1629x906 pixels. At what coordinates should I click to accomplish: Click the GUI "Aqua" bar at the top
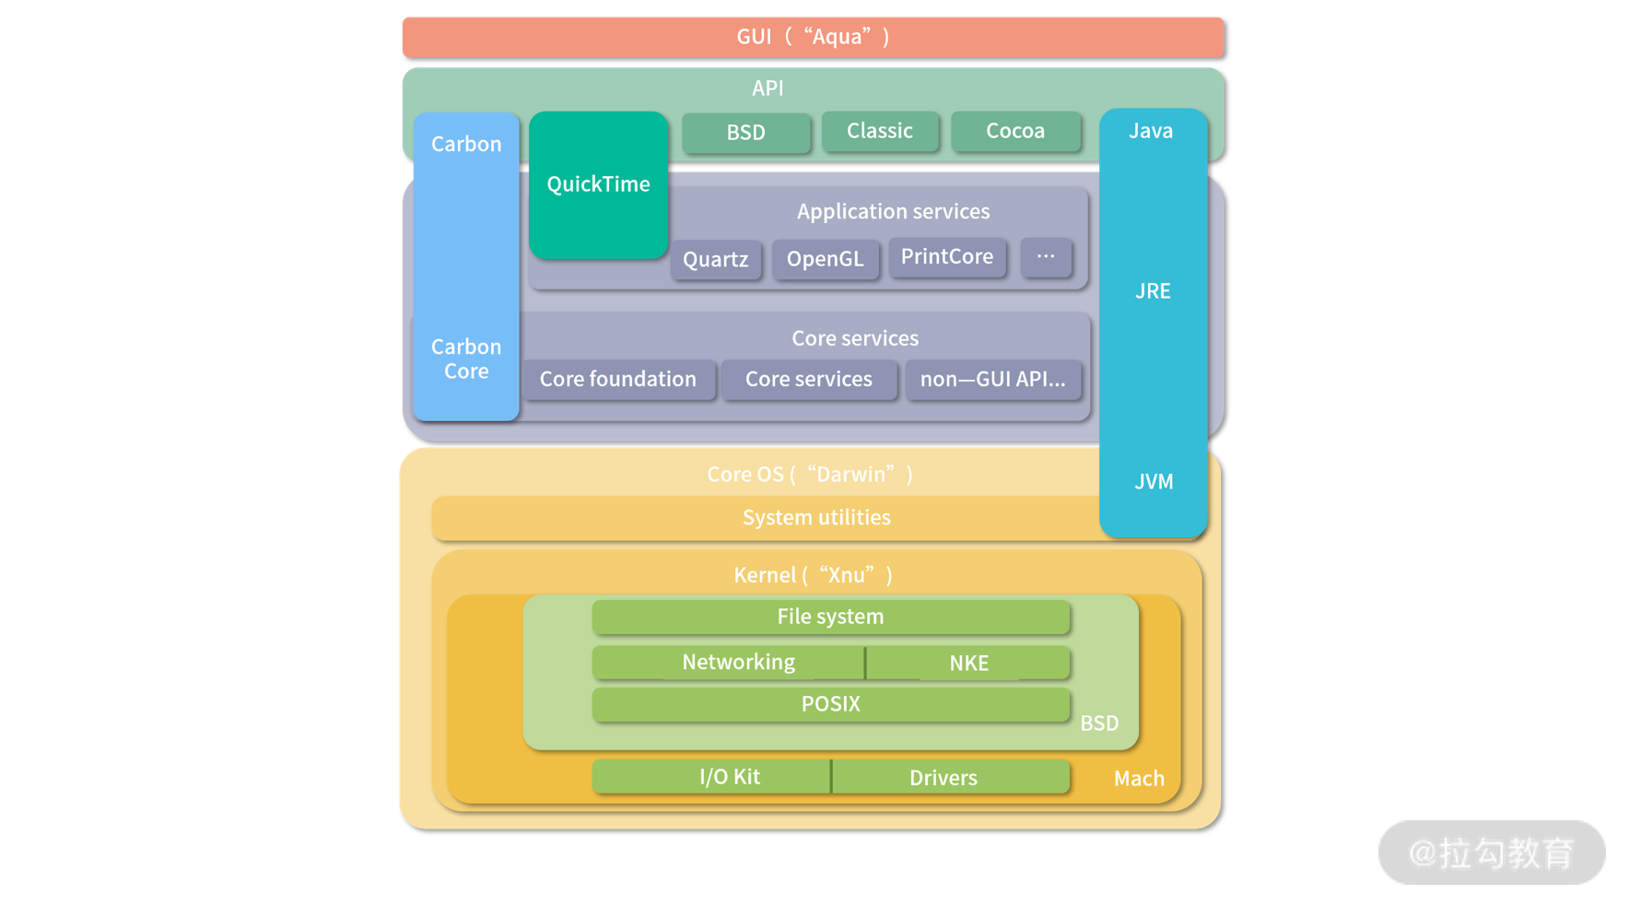813,37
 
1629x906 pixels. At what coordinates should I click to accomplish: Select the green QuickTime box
599,184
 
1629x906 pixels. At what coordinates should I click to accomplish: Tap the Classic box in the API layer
880,131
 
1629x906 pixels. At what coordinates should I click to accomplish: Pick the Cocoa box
1015,131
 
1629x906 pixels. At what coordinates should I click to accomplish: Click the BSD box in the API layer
745,133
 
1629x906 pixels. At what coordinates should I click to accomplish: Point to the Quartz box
716,260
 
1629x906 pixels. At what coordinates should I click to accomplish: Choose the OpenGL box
825,259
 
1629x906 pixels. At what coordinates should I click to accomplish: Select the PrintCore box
947,257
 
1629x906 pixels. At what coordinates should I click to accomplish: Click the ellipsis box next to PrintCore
1046,257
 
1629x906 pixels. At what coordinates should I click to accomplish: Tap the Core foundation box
618,380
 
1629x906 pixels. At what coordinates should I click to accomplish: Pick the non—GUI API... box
992,380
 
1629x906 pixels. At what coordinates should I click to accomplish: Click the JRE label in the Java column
1153,291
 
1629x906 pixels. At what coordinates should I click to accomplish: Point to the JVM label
1154,482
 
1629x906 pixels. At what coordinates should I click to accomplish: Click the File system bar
830,617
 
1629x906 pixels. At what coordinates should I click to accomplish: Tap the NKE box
968,663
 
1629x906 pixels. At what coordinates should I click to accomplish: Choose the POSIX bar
830,704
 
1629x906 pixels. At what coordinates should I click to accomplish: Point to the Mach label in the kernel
1139,779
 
